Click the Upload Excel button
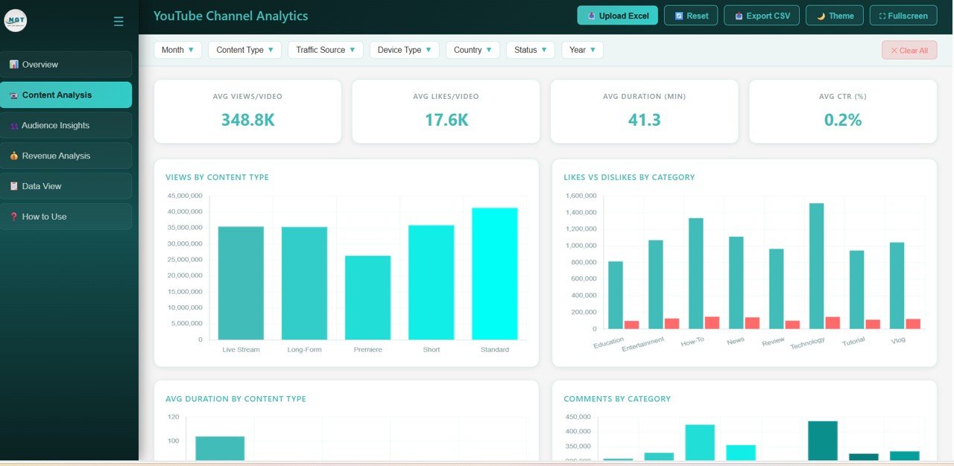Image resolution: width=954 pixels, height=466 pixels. click(x=617, y=16)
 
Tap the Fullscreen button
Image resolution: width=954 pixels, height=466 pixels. click(x=903, y=16)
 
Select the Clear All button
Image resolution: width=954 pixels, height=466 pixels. click(x=909, y=51)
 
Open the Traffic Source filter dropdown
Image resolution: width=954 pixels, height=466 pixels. click(x=325, y=50)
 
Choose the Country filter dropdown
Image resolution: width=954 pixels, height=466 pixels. click(x=472, y=50)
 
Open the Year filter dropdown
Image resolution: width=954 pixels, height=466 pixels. click(x=581, y=50)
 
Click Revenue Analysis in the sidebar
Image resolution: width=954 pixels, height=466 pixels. click(x=66, y=156)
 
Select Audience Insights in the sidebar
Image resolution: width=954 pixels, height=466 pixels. click(x=66, y=125)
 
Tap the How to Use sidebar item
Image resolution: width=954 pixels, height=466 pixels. click(x=66, y=217)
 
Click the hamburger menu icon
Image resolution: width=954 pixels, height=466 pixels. click(x=119, y=22)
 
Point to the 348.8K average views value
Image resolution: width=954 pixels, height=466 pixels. click(x=247, y=120)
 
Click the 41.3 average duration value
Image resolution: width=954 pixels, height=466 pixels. click(x=644, y=120)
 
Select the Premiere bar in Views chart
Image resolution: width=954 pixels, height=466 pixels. click(x=367, y=298)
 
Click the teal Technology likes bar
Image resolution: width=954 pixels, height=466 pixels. click(x=816, y=266)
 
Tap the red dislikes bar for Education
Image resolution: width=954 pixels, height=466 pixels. click(x=631, y=325)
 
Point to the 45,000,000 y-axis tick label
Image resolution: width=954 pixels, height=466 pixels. click(x=184, y=196)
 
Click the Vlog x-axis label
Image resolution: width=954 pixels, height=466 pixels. click(x=898, y=340)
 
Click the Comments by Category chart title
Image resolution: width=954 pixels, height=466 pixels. click(x=616, y=399)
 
